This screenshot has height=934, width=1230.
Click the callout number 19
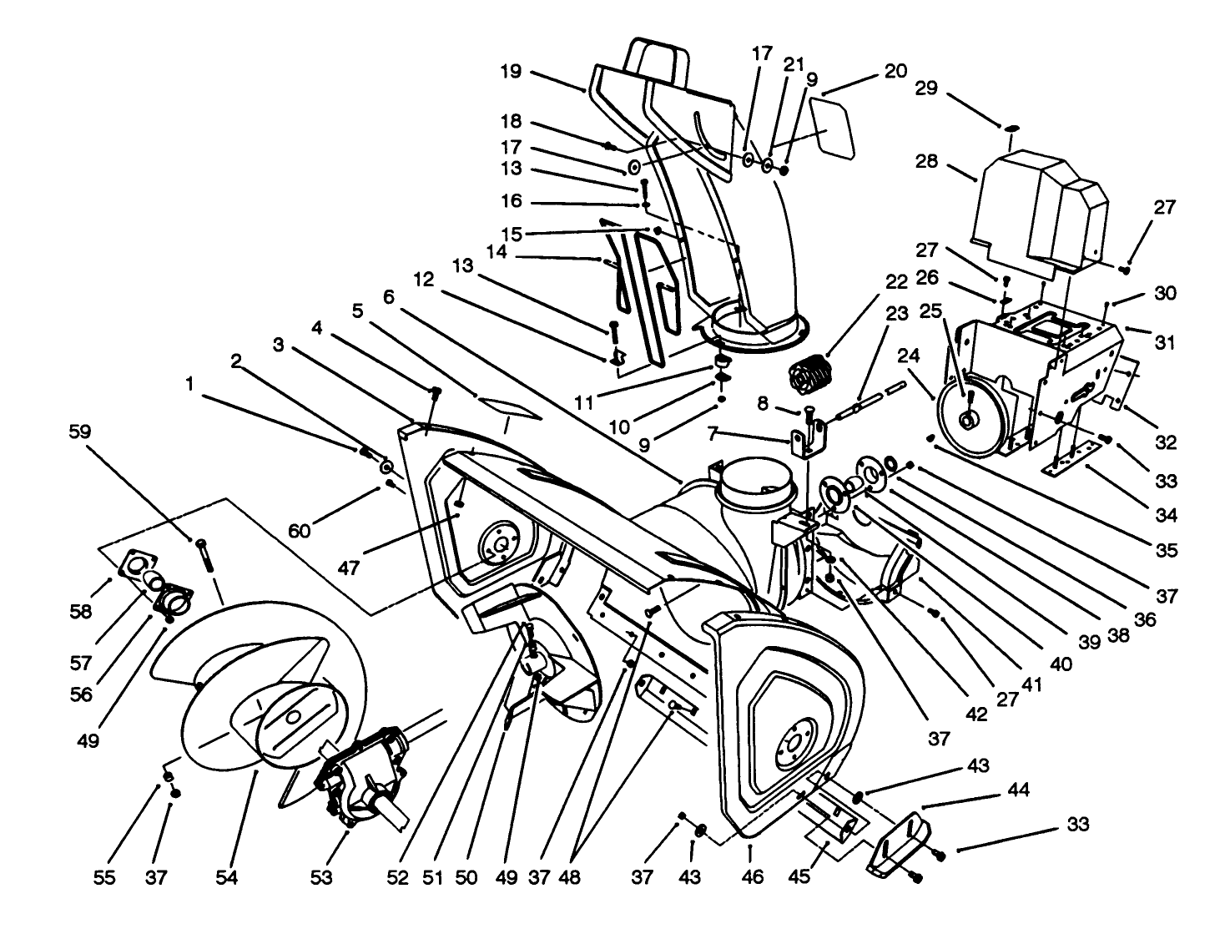coord(511,72)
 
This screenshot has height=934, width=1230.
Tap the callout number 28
coord(927,161)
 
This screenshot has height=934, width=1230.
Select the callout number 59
coord(81,432)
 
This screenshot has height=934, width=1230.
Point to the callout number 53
coord(320,877)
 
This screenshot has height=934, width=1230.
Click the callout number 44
coord(1019,790)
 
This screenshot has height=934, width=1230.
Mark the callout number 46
coord(752,877)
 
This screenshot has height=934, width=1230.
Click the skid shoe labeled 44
coord(898,845)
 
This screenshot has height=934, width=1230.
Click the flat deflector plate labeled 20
coord(834,129)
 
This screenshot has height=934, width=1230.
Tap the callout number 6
coord(389,297)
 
